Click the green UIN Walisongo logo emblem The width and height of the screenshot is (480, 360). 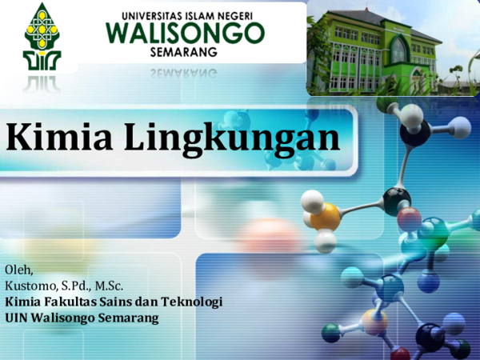point(42,37)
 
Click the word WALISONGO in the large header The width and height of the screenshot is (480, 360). point(186,34)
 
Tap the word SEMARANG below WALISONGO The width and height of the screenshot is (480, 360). point(184,52)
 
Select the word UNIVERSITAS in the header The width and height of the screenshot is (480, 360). point(149,16)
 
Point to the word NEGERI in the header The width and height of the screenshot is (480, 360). point(236,16)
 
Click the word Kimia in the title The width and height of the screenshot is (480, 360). point(59,136)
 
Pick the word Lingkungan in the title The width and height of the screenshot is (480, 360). point(232,139)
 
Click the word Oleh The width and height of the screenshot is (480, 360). point(18,270)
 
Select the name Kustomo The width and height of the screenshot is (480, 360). point(30,286)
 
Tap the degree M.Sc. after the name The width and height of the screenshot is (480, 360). point(109,286)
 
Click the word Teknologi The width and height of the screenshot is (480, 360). point(192,302)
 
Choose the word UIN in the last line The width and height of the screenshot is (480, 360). point(16,318)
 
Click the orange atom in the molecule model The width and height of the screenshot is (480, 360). point(325,216)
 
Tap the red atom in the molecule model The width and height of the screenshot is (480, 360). point(410,219)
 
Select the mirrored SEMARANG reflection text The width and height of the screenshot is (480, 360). point(184,74)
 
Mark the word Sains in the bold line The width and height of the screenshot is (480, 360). point(114,302)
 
